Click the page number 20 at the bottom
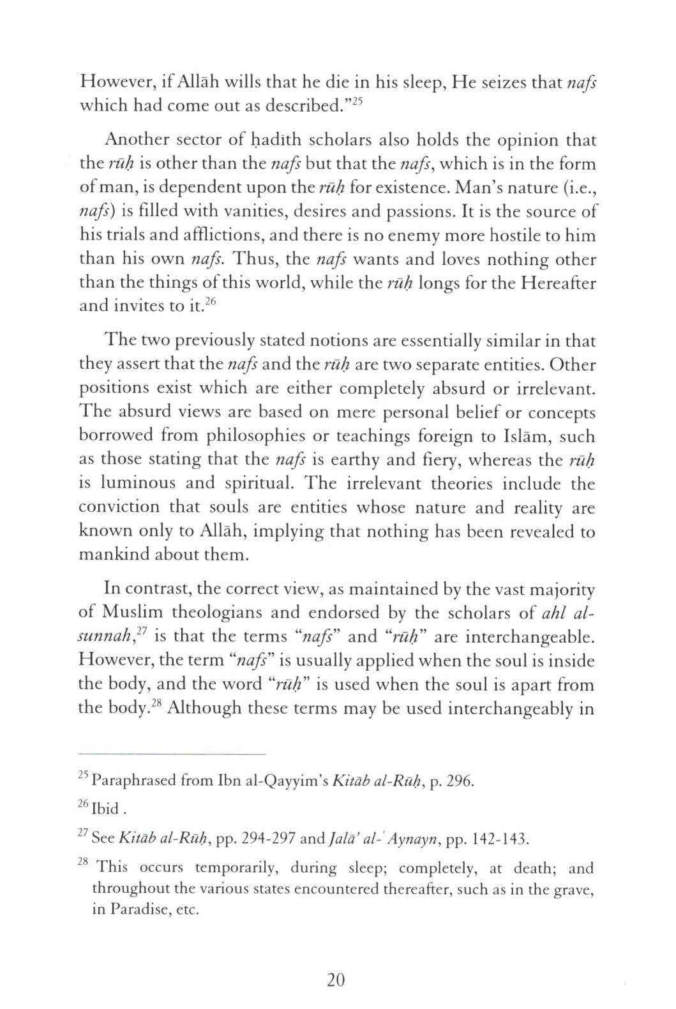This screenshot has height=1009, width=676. [x=336, y=980]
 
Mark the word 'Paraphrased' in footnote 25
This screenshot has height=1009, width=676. [x=135, y=781]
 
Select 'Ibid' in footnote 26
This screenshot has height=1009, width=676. [x=105, y=810]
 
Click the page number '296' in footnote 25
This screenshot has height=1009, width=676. [x=458, y=781]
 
